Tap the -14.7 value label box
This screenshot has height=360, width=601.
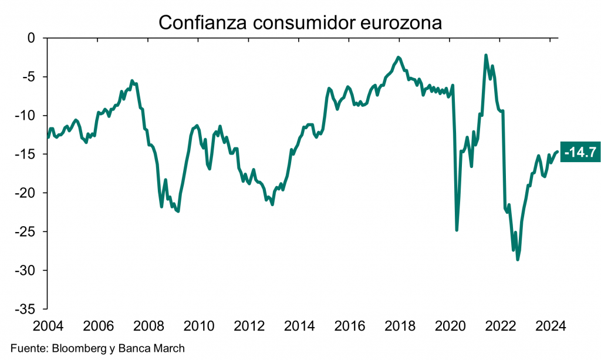tap(580, 152)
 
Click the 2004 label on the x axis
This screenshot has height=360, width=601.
tap(48, 326)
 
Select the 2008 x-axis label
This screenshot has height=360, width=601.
tap(148, 326)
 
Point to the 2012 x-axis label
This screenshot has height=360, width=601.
tap(249, 326)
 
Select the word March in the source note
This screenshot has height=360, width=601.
tap(168, 348)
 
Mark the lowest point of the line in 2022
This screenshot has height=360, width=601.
tap(517, 259)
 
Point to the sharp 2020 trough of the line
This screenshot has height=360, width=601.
tap(457, 230)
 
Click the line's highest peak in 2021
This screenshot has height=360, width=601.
tap(486, 55)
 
